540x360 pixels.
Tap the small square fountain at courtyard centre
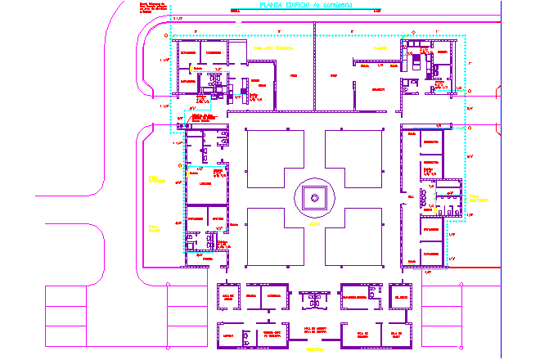click(314, 196)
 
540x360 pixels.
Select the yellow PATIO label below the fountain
click(314, 221)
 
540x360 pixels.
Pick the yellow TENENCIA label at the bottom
click(314, 349)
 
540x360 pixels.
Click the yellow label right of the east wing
click(477, 198)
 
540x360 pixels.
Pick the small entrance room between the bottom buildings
click(314, 300)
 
